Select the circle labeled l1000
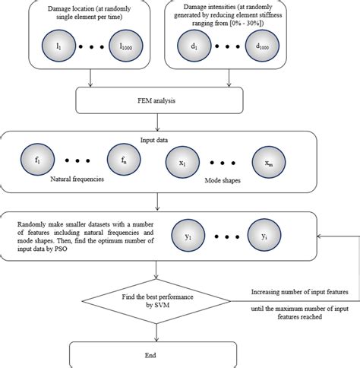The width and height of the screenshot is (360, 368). coord(125,47)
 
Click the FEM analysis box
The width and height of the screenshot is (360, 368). coord(157,100)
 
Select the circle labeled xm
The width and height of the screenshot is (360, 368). coord(269,161)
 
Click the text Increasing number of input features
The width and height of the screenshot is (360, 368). coord(300,293)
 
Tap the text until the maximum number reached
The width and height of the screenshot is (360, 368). coord(300,312)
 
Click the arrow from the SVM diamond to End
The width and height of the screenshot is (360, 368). coord(158,330)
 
